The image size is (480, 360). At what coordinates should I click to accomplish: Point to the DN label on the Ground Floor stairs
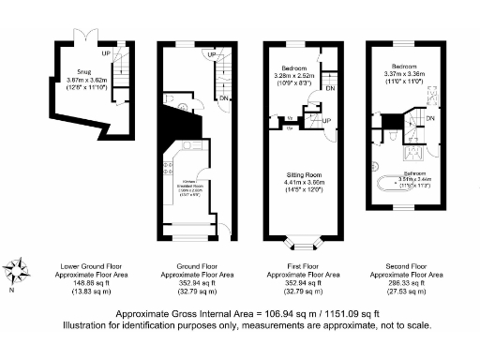coord(224,97)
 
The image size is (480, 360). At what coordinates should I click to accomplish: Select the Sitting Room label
coord(304,174)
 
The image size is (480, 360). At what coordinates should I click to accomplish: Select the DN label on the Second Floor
coord(429,119)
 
